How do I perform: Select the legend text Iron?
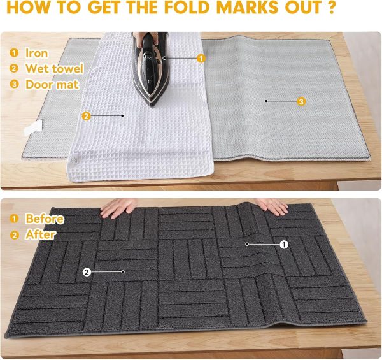pos(36,53)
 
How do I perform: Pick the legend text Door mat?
pos(48,84)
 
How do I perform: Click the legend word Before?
pos(44,219)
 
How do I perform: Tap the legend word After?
pos(40,234)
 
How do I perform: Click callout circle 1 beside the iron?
pos(201,58)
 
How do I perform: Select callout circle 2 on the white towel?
pos(86,115)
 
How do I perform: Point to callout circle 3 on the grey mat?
pos(301,101)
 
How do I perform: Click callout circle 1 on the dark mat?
pos(284,243)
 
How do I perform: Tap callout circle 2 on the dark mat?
pos(87,272)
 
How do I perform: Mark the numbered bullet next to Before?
pos(14,219)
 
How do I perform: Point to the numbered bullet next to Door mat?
pos(14,84)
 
